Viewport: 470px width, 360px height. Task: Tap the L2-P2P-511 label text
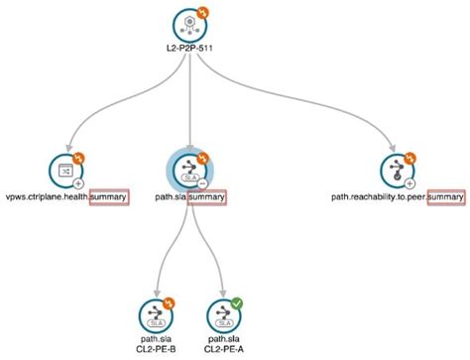tap(188, 52)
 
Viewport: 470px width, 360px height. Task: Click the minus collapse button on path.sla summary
tap(201, 182)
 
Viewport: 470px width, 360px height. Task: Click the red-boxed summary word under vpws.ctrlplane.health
tap(108, 197)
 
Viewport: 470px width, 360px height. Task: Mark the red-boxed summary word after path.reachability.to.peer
tap(445, 197)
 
